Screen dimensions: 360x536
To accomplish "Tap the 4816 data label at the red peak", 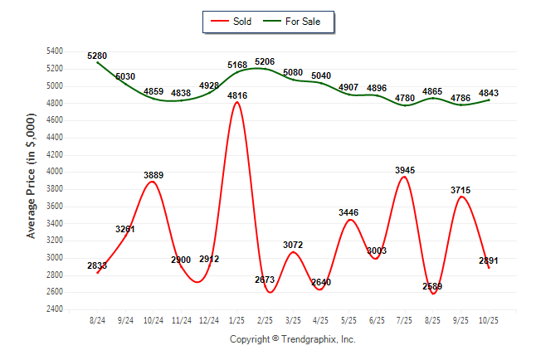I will tap(238, 95).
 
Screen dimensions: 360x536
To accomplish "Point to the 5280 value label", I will tap(98, 56).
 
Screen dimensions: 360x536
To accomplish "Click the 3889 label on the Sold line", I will tap(153, 175).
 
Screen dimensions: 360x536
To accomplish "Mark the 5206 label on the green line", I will tap(266, 62).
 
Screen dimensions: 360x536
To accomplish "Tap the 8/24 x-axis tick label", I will tap(98, 320).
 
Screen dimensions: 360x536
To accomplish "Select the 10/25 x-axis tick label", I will tap(490, 320).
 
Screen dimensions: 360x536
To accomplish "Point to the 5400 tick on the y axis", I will tap(53, 51).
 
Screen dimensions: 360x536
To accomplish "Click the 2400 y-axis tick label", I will tap(53, 309).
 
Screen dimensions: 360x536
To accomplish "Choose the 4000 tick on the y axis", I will tap(53, 172).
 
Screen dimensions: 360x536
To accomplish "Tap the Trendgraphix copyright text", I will tap(292, 339).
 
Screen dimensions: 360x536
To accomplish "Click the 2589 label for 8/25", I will tap(433, 287).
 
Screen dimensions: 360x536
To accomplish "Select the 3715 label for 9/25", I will tap(461, 190).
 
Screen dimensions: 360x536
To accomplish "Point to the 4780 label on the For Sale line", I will tap(406, 99).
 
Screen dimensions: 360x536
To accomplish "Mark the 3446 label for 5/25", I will tap(349, 213).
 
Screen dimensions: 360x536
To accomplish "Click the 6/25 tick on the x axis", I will tap(378, 320).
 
